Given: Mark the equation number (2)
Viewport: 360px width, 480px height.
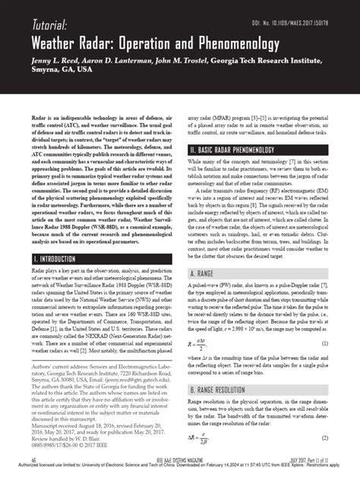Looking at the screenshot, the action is [323, 438].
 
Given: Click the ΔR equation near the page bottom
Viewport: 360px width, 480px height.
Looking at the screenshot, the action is [199, 438].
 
